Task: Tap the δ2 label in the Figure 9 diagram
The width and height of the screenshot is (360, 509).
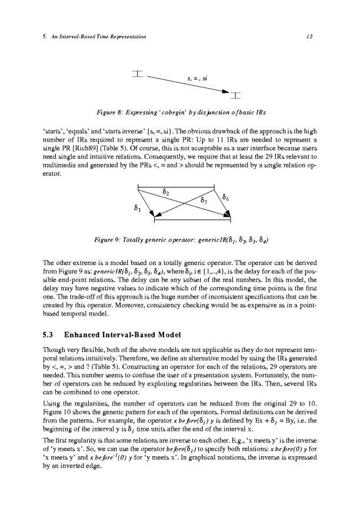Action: click(x=166, y=192)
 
